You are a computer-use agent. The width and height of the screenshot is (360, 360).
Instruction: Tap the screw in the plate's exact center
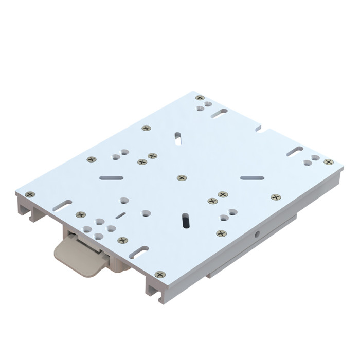coord(182,177)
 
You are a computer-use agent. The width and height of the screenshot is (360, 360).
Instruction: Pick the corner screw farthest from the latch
coord(200,97)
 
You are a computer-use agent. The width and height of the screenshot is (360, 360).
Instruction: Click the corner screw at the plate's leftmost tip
coord(30,194)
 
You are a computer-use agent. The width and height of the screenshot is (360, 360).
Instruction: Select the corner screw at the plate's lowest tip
coord(160,275)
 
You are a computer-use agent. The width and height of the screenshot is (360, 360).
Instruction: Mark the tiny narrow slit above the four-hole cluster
coord(120,215)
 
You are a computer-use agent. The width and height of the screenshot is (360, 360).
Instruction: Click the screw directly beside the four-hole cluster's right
coord(122,240)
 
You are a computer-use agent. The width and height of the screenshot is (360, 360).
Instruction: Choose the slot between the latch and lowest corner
coord(139,251)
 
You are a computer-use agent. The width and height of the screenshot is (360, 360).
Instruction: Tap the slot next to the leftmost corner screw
coord(62,205)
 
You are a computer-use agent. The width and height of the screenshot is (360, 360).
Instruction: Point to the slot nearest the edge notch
coord(220,112)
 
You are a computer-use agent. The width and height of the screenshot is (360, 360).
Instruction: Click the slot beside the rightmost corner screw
coord(295,151)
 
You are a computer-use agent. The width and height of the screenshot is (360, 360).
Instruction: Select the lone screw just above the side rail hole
coord(222,233)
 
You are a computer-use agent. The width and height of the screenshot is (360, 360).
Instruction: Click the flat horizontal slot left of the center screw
coord(112,178)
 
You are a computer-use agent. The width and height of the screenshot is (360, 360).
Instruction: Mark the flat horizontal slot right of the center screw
coord(252,178)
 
